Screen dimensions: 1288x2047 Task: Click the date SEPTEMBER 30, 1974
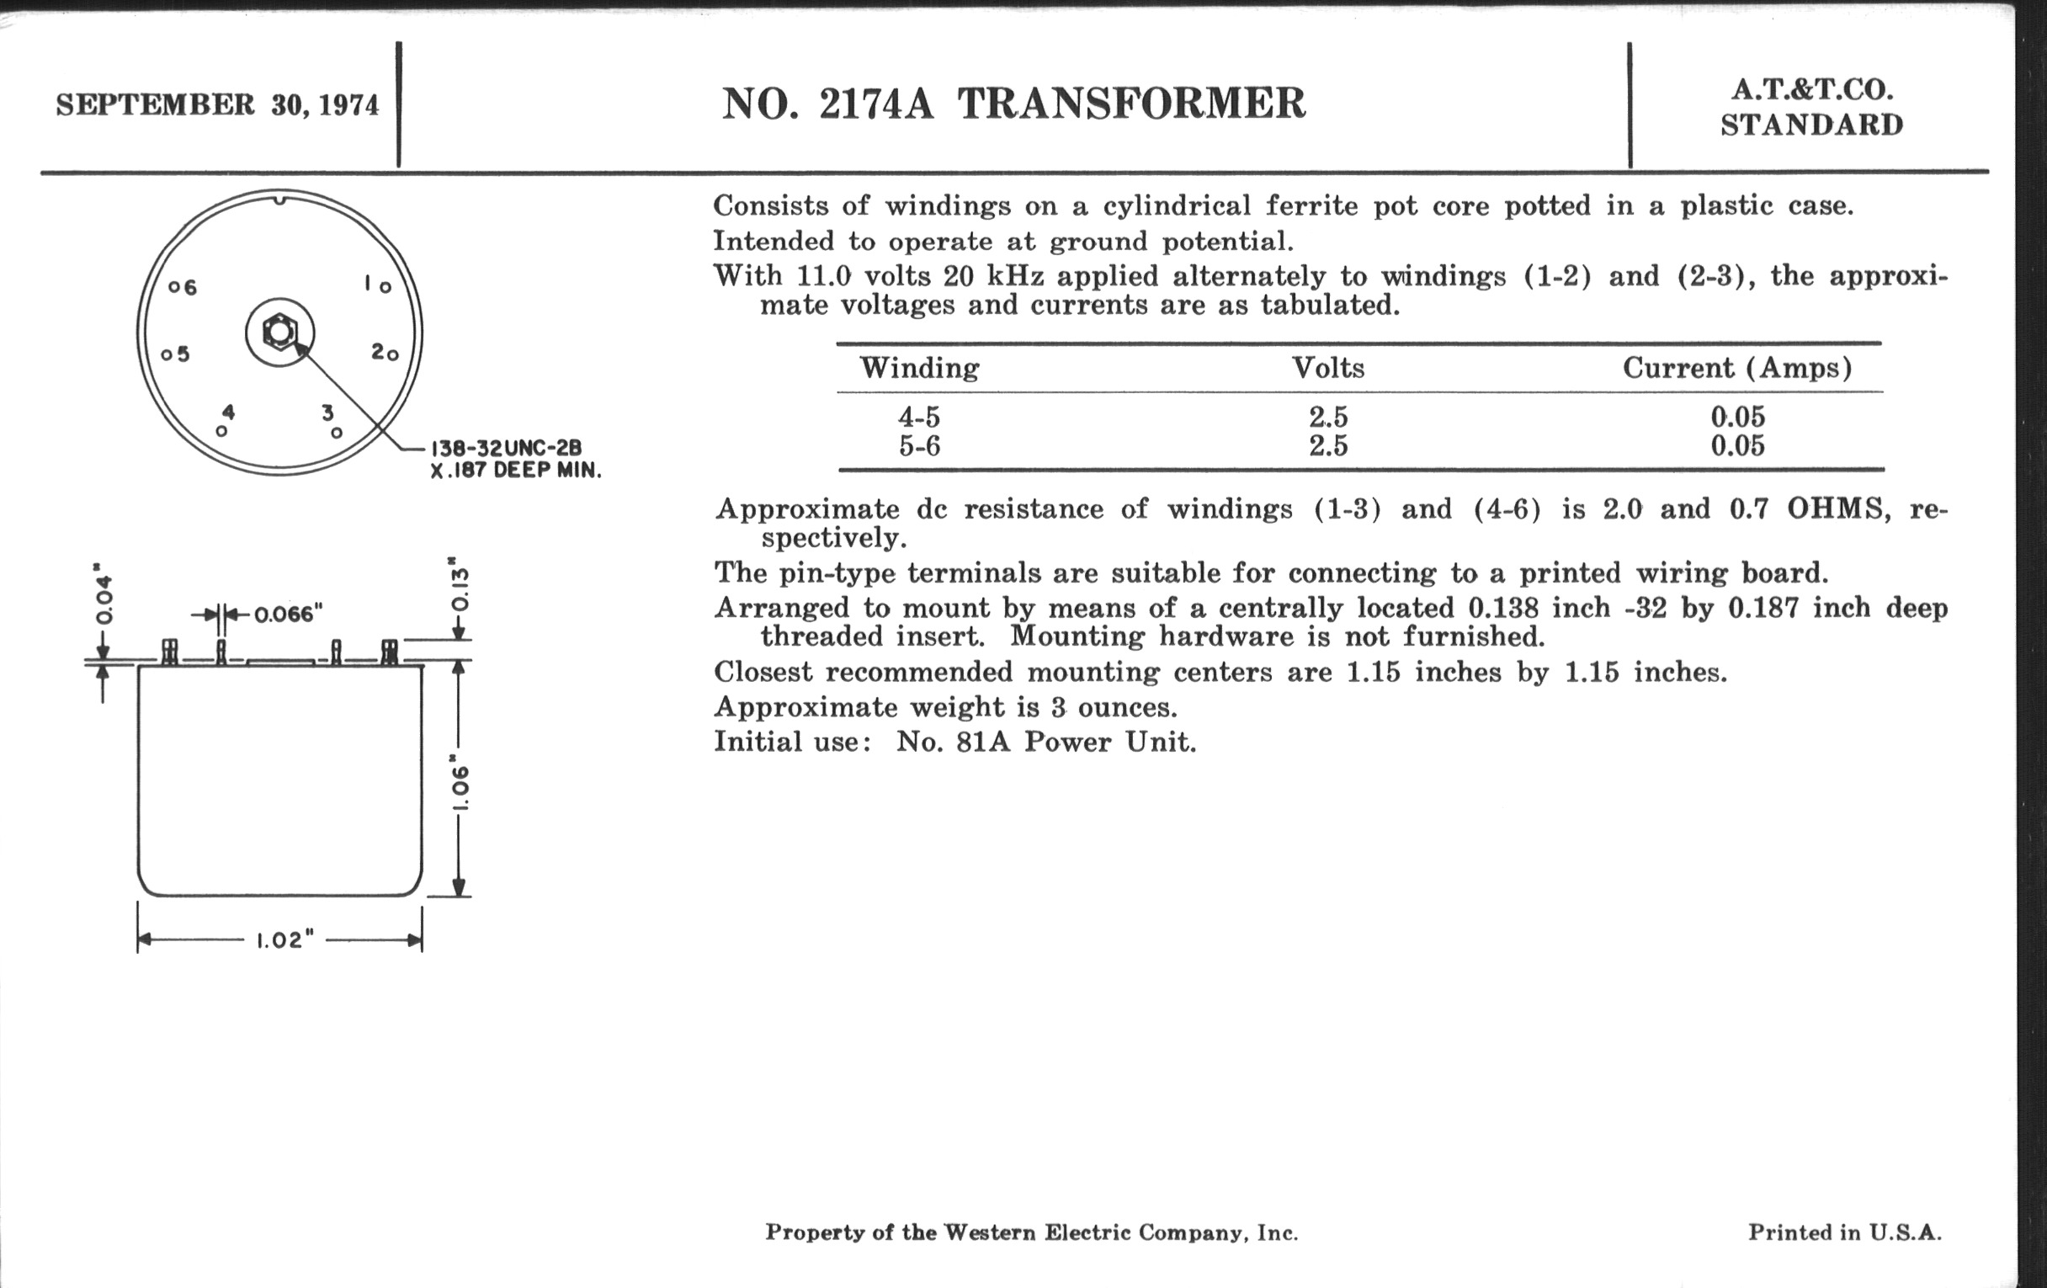(217, 105)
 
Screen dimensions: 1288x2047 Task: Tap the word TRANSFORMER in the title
(1131, 104)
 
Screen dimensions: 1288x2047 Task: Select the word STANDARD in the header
(1811, 125)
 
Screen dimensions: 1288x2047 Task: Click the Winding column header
(919, 368)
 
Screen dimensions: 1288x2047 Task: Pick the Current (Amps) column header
(1736, 368)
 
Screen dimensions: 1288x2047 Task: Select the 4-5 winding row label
(919, 418)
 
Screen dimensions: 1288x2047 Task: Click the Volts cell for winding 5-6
(1328, 446)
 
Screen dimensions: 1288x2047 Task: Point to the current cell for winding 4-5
(1737, 418)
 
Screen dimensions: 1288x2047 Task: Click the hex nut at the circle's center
(279, 332)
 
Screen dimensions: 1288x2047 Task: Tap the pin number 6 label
(189, 288)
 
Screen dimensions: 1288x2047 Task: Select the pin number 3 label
(327, 413)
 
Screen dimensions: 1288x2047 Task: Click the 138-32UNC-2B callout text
(507, 449)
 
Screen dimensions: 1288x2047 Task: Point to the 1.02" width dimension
(284, 940)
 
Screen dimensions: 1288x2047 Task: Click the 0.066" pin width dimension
(289, 614)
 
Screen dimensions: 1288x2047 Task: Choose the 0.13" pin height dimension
(459, 586)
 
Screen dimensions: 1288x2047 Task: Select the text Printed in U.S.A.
(1844, 1232)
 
